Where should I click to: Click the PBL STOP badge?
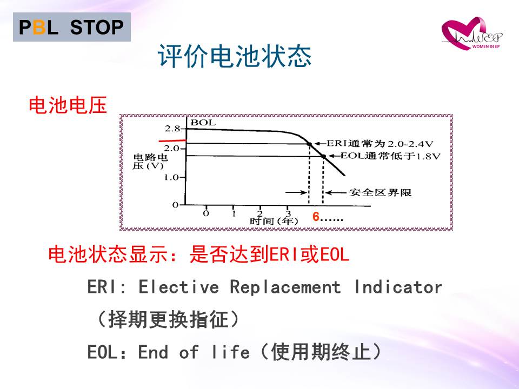click(72, 27)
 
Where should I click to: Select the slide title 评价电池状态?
click(235, 56)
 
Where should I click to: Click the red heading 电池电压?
click(68, 105)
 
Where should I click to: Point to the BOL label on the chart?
click(203, 123)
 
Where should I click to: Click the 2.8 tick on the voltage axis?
click(172, 129)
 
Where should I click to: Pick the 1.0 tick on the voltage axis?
click(171, 178)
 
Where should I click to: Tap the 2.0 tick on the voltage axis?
click(172, 148)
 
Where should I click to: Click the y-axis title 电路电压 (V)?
click(150, 162)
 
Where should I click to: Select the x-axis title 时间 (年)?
click(274, 220)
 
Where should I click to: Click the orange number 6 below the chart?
click(316, 217)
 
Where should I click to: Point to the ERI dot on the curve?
click(309, 144)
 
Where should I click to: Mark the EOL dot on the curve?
click(324, 157)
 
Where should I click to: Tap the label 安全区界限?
click(380, 192)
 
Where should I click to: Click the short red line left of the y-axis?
click(172, 141)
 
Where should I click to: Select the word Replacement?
click(285, 287)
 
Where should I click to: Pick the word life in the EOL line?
click(230, 351)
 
